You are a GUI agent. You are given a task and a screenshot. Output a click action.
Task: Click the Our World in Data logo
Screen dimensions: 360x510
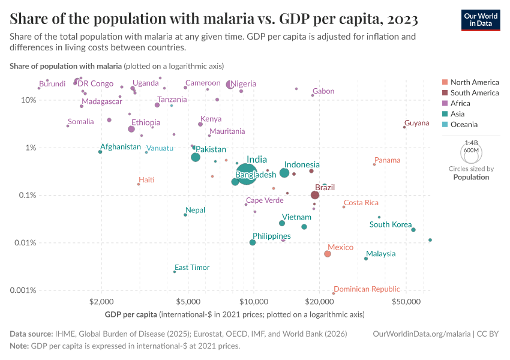[481, 20]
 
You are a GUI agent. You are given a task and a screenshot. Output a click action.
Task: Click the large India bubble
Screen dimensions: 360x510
[245, 175]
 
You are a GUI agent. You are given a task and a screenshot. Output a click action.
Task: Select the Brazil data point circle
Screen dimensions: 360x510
[315, 195]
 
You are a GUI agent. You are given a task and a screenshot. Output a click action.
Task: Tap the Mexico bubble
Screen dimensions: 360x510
[328, 254]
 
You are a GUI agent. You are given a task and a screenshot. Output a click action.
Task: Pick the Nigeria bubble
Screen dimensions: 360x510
[230, 85]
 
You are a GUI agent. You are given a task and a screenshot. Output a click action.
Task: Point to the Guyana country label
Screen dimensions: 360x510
[416, 123]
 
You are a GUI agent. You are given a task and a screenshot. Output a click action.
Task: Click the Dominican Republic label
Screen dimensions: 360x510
[367, 289]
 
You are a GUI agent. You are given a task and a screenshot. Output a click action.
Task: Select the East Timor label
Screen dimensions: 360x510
[192, 268]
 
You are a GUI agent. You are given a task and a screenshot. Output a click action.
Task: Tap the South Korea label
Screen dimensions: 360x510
[391, 224]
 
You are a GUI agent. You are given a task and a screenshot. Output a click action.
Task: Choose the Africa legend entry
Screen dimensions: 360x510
[460, 103]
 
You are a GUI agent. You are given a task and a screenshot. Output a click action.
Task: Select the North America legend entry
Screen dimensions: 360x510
[474, 82]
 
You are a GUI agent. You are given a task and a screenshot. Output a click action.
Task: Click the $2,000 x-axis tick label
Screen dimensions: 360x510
[101, 301]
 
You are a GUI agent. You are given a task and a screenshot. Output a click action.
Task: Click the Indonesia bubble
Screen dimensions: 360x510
[284, 173]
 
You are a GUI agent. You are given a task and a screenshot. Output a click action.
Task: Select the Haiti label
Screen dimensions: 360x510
[147, 180]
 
